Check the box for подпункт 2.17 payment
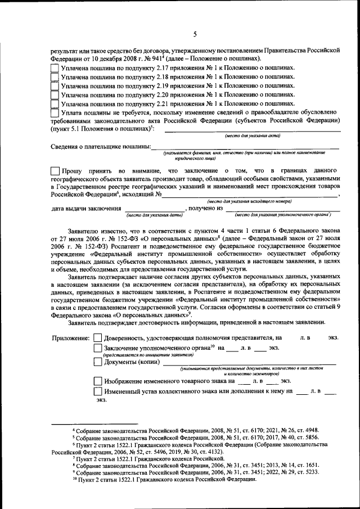(x=54, y=67)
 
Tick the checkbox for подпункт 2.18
(x=54, y=76)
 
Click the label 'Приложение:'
(x=71, y=339)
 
